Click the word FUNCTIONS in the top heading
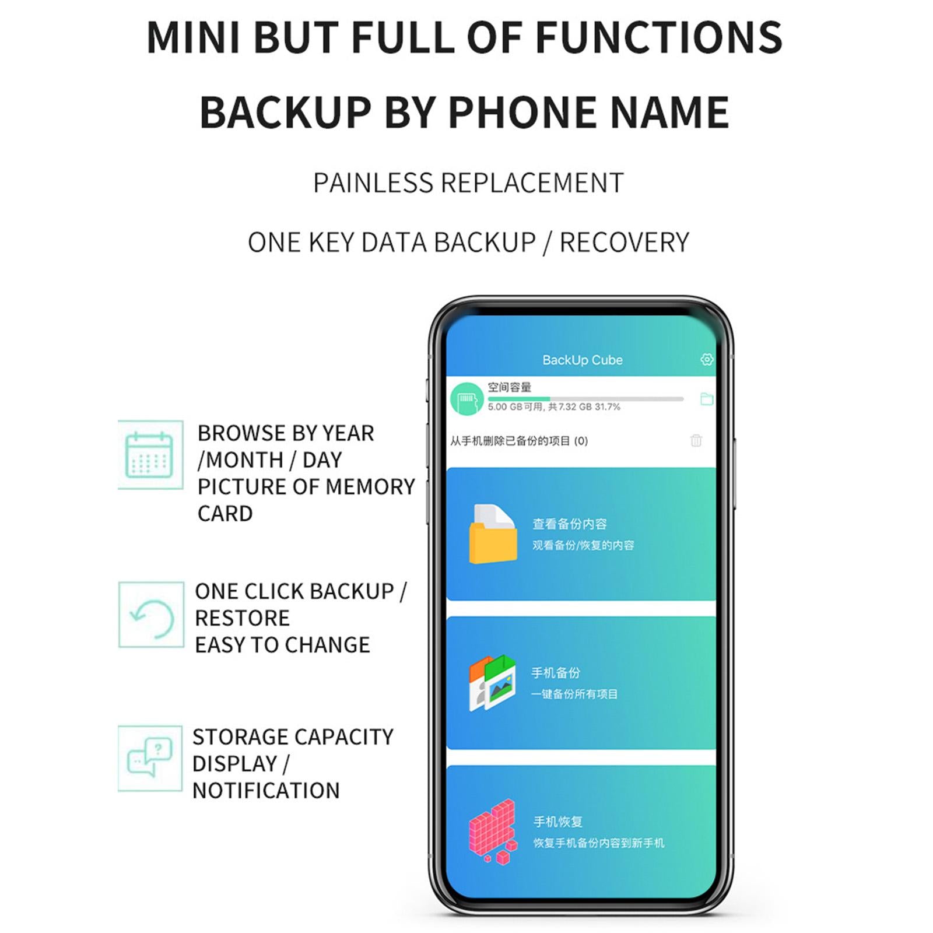coord(658,37)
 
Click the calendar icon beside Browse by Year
coord(149,455)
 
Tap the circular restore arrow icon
coord(152,618)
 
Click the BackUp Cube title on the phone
coord(583,360)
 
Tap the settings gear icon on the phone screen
coord(707,359)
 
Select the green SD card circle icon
coord(467,399)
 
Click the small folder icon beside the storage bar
coord(707,399)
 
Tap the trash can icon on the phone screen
coord(696,440)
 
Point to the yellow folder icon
coord(493,534)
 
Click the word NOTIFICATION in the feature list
coord(266,791)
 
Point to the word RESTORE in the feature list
coord(242,618)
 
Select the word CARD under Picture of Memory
coord(225,514)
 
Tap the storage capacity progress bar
coord(585,399)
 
